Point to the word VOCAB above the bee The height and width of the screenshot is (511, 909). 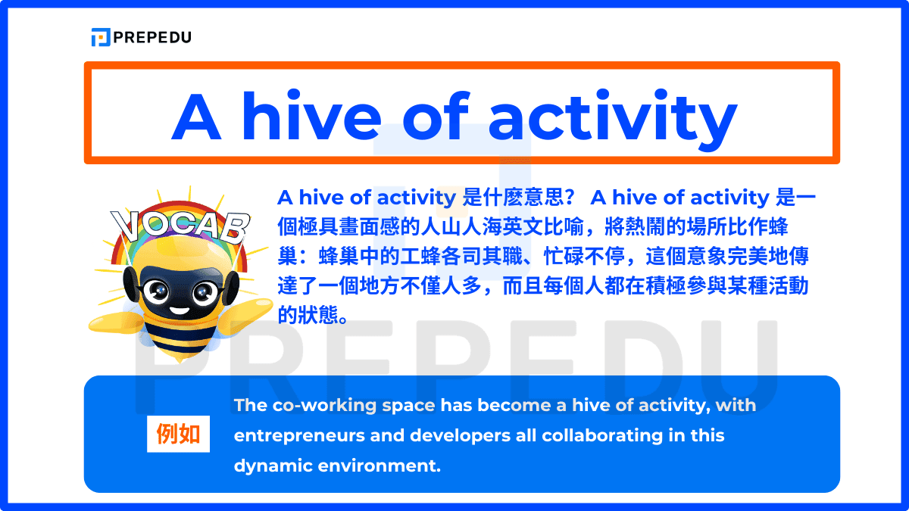pos(180,224)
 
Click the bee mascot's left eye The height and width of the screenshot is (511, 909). pos(157,290)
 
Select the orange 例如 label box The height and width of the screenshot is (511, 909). pos(178,434)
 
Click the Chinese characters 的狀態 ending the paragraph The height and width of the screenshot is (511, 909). pos(313,315)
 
